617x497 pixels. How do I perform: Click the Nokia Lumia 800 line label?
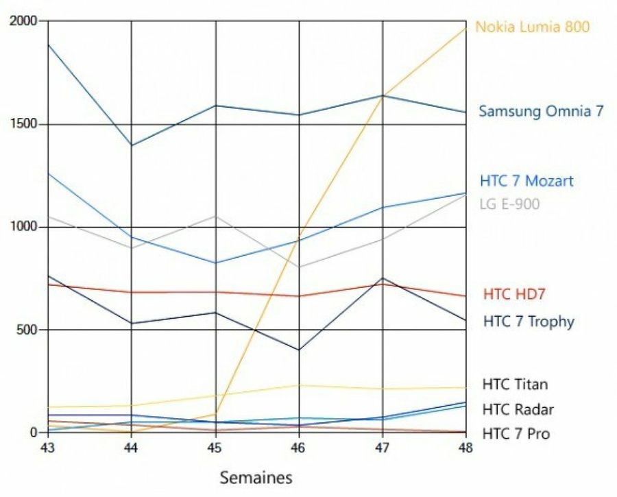tap(532, 27)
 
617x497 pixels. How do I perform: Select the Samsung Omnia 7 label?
tap(541, 111)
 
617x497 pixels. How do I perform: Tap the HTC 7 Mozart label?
tap(527, 181)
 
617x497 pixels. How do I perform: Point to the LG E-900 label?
tap(511, 204)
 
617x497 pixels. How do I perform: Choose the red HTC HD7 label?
tap(514, 294)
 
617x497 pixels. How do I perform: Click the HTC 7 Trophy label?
tap(529, 321)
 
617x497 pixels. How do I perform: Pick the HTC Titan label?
tap(515, 384)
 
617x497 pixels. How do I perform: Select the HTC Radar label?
tap(518, 409)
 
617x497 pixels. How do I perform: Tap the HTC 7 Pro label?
tap(516, 433)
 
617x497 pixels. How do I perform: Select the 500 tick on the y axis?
tap(27, 330)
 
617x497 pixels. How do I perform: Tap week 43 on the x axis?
tap(48, 446)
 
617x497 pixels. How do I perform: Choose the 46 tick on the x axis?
tap(299, 446)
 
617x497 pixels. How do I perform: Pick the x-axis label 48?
tap(466, 446)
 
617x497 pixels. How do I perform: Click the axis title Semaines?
tap(256, 477)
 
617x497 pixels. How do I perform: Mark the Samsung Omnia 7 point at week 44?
tap(132, 145)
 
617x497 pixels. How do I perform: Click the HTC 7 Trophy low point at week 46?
tap(299, 350)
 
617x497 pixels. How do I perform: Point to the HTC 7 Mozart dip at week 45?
tap(215, 263)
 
